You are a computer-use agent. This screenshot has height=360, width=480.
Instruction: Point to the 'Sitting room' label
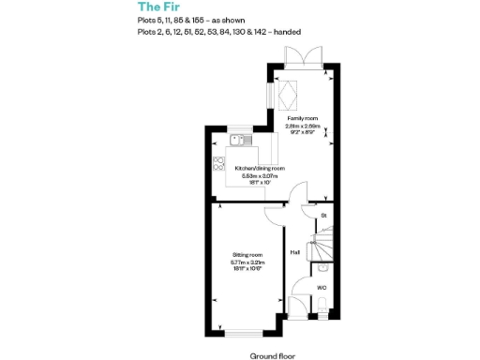247,254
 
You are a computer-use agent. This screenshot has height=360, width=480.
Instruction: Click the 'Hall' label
294,252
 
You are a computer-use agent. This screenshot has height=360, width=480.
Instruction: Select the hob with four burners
220,162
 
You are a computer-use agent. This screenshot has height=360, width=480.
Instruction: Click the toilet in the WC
321,303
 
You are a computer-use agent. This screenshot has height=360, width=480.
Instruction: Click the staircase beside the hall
319,246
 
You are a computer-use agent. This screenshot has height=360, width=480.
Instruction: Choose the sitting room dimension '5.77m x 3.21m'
247,262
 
